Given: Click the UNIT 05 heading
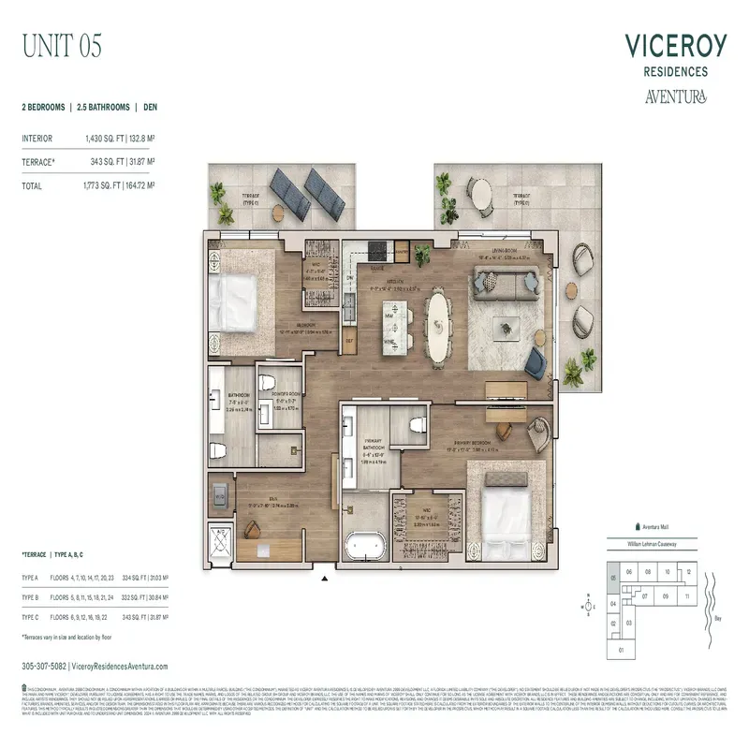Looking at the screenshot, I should pyautogui.click(x=62, y=44).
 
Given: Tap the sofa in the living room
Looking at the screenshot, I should pyautogui.click(x=505, y=279).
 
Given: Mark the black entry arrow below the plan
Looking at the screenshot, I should pyautogui.click(x=325, y=580).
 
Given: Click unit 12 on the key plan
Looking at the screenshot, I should pyautogui.click(x=688, y=571).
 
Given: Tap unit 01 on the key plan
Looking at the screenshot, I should pyautogui.click(x=621, y=648).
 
